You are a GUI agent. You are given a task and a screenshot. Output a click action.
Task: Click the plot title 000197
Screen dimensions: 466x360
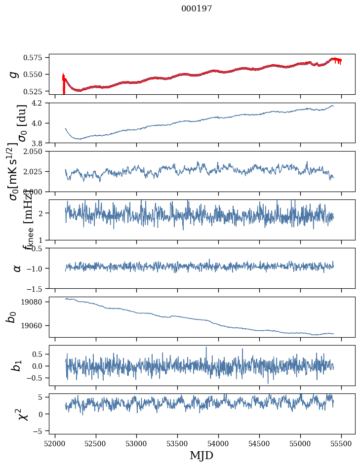click(197, 8)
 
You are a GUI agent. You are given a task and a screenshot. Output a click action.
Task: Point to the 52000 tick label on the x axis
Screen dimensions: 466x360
click(55, 443)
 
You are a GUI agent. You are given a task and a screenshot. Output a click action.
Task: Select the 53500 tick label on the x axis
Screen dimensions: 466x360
click(178, 443)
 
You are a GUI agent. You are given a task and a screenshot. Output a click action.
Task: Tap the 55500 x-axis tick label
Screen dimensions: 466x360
click(342, 443)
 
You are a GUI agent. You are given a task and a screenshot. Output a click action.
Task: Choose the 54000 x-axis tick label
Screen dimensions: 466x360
click(219, 443)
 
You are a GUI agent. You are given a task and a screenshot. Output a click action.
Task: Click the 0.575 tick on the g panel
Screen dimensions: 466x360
click(37, 58)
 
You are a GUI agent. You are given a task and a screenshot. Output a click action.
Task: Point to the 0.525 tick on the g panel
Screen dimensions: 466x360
click(37, 91)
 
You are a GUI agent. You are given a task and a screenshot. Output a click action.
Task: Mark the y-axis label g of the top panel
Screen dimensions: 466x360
click(15, 74)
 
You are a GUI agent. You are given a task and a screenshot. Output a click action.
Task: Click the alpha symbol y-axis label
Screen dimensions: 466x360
click(17, 268)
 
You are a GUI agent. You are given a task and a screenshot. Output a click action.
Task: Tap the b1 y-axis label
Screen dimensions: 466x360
click(17, 365)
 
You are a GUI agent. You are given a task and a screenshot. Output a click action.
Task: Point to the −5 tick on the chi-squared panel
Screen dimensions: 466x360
click(41, 431)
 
